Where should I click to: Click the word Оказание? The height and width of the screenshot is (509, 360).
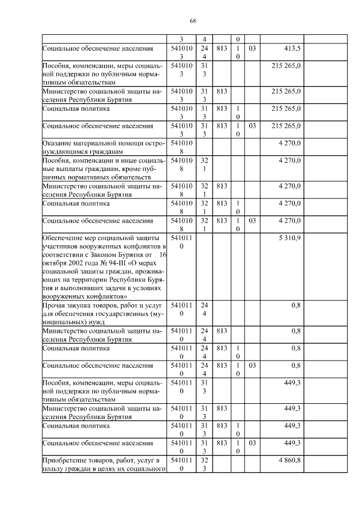[58, 143]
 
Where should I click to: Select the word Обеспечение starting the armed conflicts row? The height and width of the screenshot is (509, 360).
[65, 238]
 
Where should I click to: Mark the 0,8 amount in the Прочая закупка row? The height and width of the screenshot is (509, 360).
[296, 306]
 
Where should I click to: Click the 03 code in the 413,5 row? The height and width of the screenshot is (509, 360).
[251, 49]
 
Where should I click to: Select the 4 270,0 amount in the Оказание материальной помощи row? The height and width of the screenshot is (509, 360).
[289, 143]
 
